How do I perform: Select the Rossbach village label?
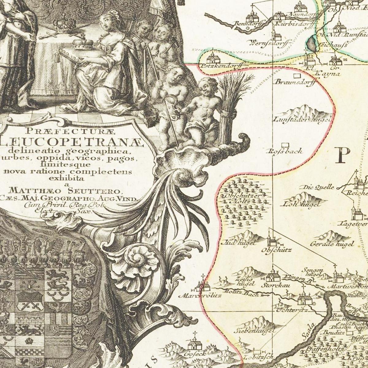pos(284,151)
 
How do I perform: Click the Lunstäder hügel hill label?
pos(302,120)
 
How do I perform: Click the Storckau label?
pos(271,285)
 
